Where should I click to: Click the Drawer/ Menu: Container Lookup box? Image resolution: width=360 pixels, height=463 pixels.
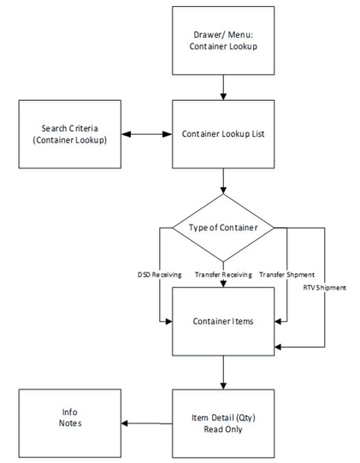(223, 39)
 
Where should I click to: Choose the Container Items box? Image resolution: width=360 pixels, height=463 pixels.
(223, 322)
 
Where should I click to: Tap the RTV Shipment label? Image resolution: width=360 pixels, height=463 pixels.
(325, 288)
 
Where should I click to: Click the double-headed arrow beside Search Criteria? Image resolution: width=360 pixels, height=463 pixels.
(137, 133)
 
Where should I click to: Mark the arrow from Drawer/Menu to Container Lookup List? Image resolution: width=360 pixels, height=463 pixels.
(223, 85)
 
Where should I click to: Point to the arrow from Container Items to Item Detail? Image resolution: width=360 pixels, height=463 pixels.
(223, 372)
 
